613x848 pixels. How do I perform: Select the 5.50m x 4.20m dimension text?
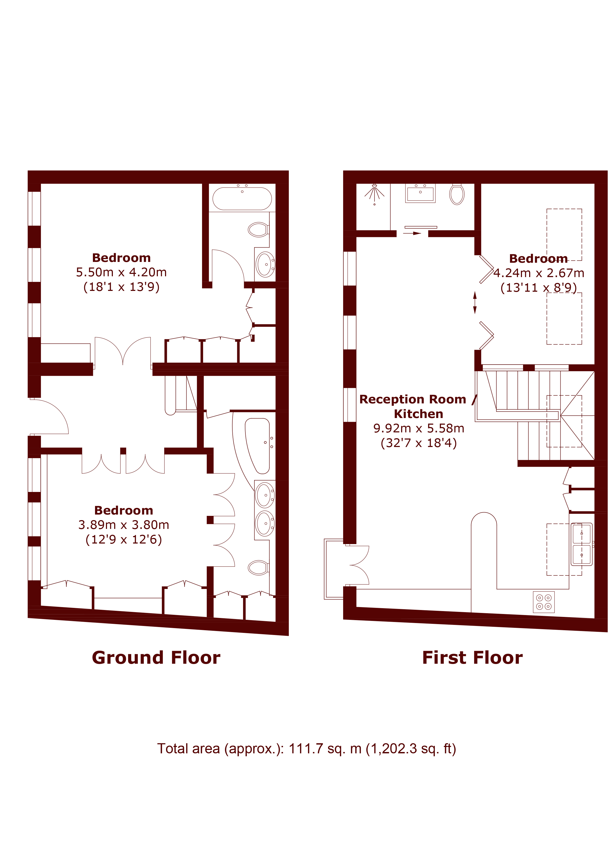tap(121, 272)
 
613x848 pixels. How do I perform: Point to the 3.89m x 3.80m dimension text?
tap(124, 525)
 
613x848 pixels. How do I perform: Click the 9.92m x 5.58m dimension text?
tap(419, 428)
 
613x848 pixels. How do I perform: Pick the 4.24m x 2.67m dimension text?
tap(538, 273)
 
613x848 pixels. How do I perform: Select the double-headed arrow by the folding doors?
tap(475, 303)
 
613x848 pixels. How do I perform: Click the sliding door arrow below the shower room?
tap(412, 234)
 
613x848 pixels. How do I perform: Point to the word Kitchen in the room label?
tap(418, 414)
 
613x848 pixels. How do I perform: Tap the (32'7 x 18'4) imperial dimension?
tap(419, 443)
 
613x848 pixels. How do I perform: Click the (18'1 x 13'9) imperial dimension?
tap(121, 287)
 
